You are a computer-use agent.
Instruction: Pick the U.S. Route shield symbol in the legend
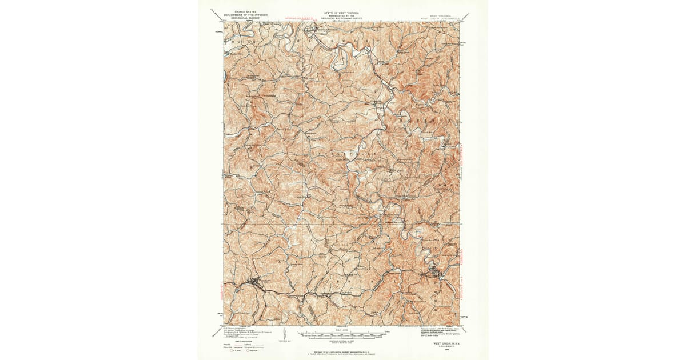point(231,350)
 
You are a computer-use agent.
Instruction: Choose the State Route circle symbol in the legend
point(252,350)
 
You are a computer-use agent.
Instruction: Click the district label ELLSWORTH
point(343,42)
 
